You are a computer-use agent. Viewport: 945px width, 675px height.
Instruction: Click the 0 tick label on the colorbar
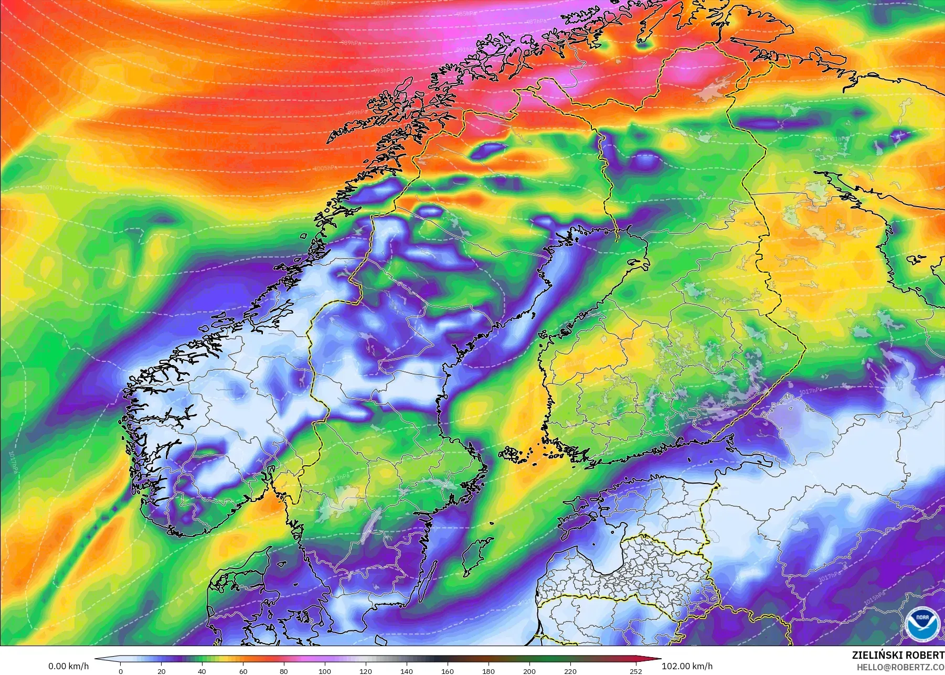click(x=121, y=671)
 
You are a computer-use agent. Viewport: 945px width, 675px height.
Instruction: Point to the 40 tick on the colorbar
click(x=202, y=671)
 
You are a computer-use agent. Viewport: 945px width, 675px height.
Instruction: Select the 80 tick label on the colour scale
click(x=284, y=671)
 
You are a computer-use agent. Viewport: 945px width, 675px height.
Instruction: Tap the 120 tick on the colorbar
click(x=366, y=671)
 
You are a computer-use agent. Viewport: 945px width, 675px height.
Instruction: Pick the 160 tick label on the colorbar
click(x=448, y=671)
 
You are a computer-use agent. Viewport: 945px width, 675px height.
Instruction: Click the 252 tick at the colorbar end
click(x=636, y=671)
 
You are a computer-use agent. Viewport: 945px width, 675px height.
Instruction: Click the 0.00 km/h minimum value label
click(x=69, y=666)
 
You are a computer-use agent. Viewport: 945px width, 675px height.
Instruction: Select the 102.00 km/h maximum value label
click(x=687, y=666)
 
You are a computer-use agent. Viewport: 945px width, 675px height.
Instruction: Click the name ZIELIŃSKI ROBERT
click(x=898, y=655)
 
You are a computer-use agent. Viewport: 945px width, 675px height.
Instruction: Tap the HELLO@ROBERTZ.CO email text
click(x=900, y=667)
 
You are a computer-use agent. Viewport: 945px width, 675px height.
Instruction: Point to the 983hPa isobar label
click(x=383, y=3)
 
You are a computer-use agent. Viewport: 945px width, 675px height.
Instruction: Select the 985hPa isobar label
click(x=466, y=14)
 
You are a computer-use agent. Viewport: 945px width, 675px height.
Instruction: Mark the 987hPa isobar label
click(x=536, y=22)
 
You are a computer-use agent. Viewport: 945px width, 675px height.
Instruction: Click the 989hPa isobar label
click(x=351, y=43)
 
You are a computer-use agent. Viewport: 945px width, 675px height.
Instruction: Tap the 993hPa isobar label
click(x=383, y=70)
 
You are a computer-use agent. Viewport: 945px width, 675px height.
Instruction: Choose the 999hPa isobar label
click(x=357, y=113)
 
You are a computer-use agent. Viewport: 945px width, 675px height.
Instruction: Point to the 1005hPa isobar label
click(x=325, y=168)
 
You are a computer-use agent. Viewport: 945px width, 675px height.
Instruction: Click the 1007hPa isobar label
click(x=50, y=187)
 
